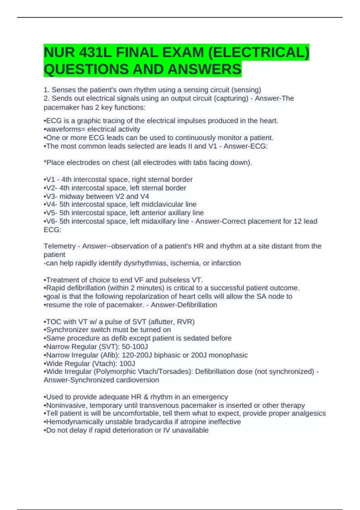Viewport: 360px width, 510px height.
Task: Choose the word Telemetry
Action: tap(60, 246)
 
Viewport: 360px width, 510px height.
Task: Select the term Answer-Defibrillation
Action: tap(184, 305)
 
